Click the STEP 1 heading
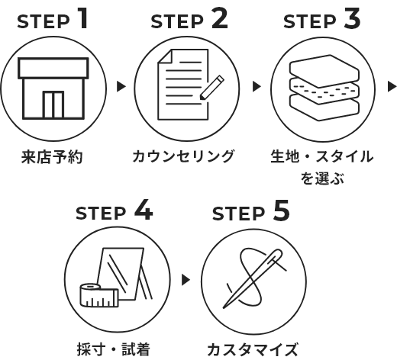click(x=52, y=21)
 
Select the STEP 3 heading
click(x=321, y=21)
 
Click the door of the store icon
click(x=52, y=102)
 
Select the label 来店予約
click(x=51, y=159)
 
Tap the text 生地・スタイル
click(x=321, y=158)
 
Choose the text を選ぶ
click(x=321, y=179)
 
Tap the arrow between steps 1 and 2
click(x=121, y=87)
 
